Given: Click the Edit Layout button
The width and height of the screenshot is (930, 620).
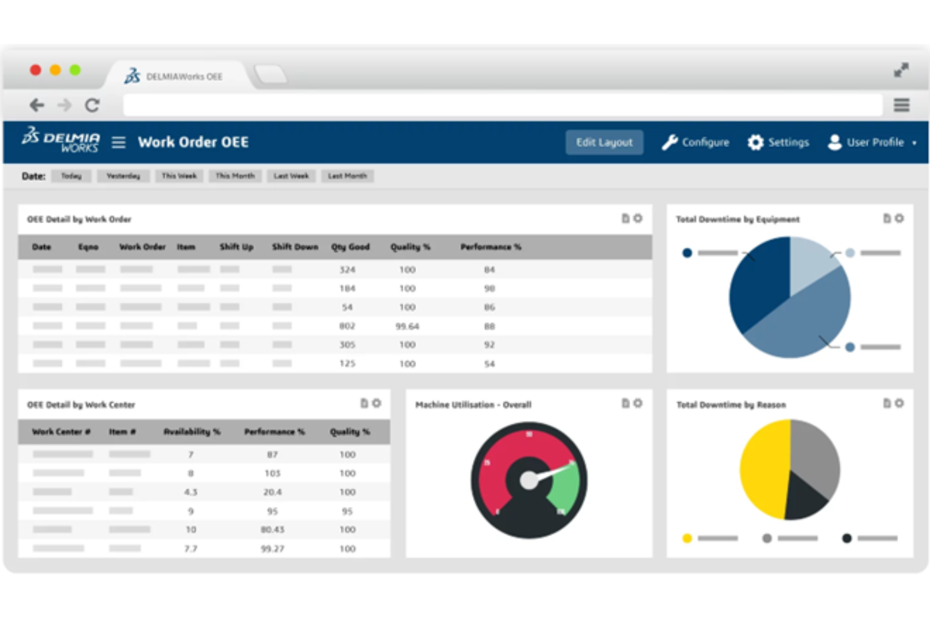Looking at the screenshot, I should [604, 143].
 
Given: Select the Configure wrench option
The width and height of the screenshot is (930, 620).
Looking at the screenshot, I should [696, 143].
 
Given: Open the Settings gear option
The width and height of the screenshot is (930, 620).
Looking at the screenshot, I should [778, 143].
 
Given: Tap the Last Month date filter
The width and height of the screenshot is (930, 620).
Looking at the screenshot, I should [347, 176].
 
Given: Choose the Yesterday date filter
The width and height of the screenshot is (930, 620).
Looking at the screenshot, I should [123, 176].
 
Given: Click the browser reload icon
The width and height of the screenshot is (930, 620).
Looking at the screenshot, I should [92, 105].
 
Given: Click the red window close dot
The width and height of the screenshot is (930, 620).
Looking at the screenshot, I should [36, 70].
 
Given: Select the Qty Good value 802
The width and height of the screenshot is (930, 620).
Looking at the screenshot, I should [347, 326].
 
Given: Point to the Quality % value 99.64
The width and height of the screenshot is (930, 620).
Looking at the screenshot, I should [407, 326].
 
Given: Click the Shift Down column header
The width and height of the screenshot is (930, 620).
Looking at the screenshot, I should [295, 247].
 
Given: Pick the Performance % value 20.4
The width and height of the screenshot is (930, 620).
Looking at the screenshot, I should [272, 492].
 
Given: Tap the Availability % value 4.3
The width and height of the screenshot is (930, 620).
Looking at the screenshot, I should [190, 492].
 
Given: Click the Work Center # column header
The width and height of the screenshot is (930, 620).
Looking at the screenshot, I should [61, 432].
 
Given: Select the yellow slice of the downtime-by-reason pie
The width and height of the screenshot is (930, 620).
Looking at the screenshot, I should [763, 468].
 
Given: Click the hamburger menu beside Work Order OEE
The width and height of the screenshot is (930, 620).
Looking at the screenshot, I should [119, 143].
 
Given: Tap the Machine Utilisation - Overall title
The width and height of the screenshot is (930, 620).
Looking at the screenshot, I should [473, 405].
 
